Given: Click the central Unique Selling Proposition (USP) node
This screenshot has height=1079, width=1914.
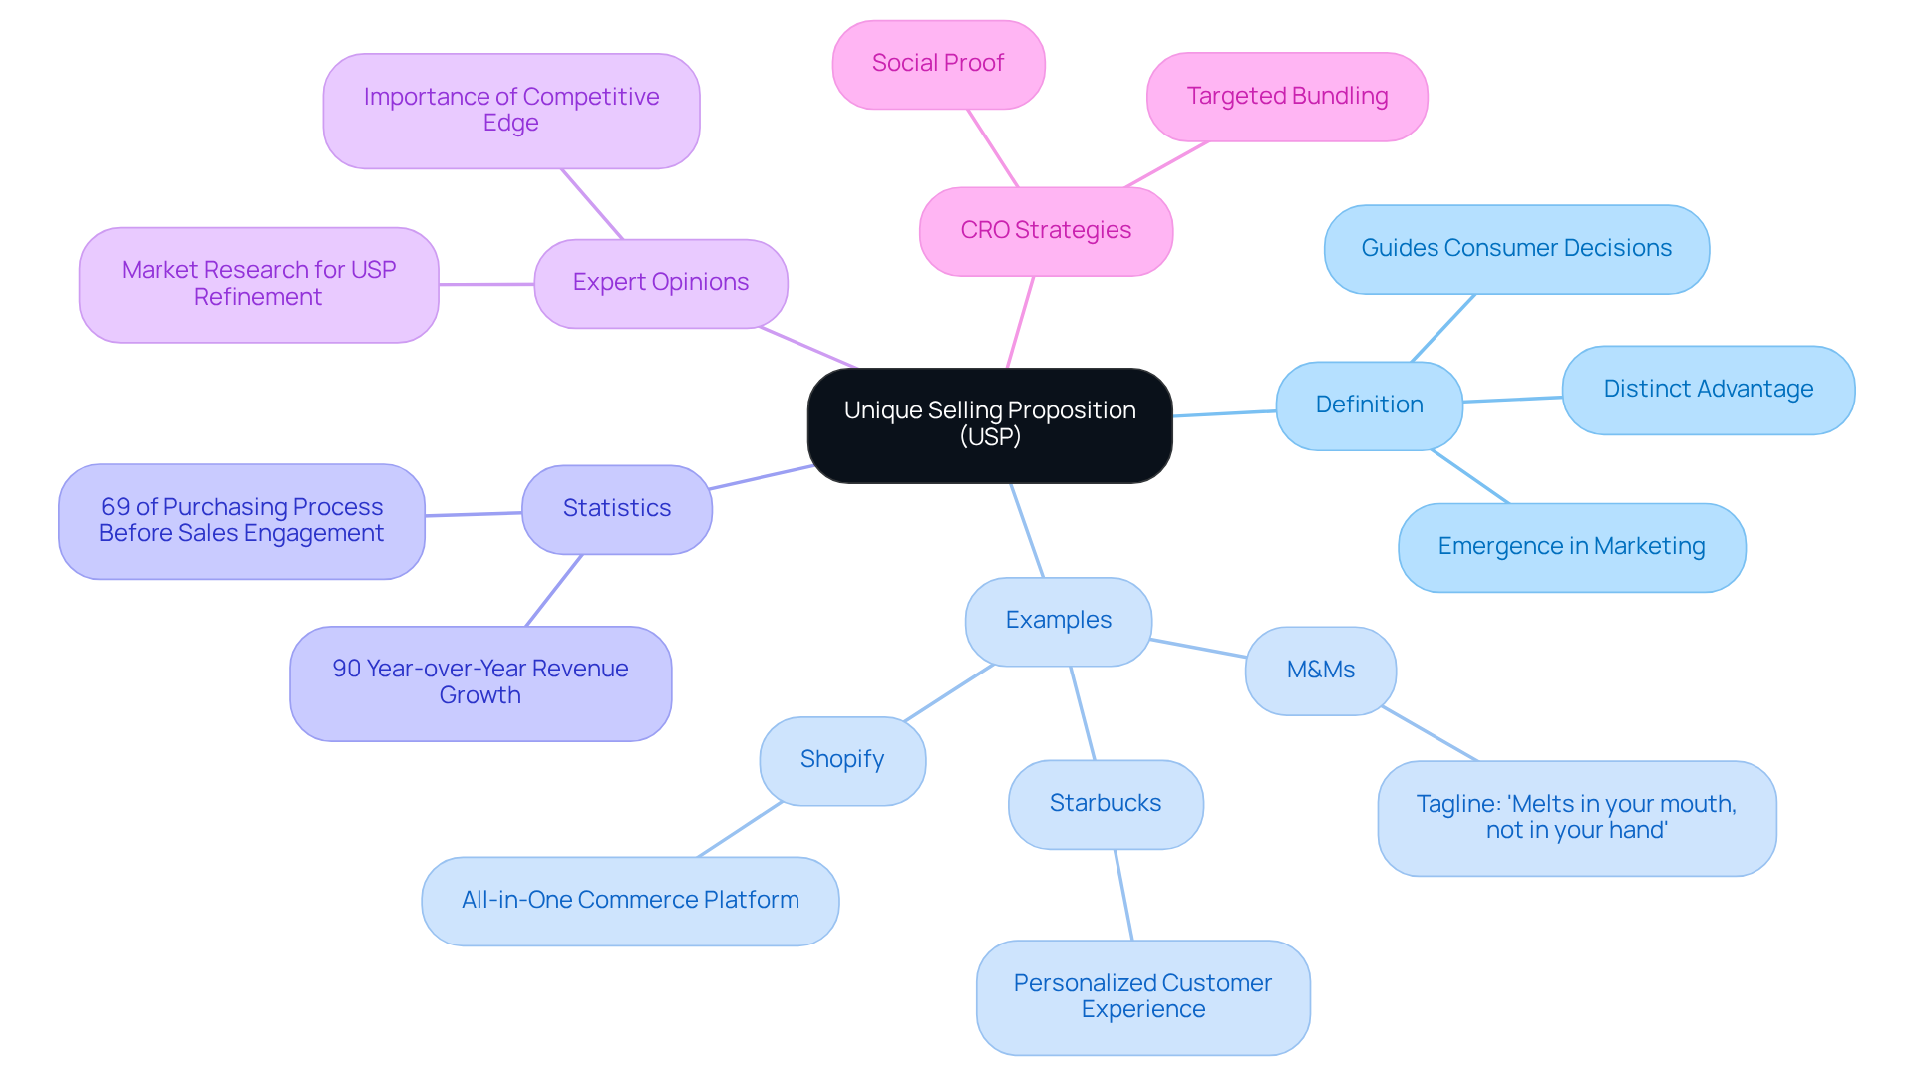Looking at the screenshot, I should point(989,425).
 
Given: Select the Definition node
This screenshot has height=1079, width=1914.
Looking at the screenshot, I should point(1369,405).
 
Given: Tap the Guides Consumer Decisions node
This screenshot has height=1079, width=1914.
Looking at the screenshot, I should point(1515,249).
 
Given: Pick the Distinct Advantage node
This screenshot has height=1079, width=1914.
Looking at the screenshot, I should point(1708,390).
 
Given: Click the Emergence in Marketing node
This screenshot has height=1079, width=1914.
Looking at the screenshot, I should point(1571,547).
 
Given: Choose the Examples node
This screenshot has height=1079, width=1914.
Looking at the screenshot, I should point(1058,621).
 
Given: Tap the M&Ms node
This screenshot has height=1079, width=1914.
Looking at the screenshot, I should point(1320,671).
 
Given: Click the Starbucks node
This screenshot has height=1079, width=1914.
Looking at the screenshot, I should point(1105,804).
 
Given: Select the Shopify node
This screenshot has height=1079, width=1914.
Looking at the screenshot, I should point(841,760).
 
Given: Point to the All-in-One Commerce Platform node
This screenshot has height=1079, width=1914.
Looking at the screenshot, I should point(630,901).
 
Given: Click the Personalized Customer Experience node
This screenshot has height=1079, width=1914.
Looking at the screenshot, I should point(1142,996).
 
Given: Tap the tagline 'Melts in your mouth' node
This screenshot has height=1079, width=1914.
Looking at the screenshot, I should point(1576,818).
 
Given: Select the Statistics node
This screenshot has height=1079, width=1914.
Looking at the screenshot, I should point(616,509).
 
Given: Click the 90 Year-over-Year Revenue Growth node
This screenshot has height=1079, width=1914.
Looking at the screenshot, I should point(479,682).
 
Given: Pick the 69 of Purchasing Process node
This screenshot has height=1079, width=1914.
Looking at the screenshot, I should point(241,520).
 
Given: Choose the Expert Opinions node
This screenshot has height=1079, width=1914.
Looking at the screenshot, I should point(660,283).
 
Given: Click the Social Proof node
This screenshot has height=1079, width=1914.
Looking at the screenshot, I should point(937,64).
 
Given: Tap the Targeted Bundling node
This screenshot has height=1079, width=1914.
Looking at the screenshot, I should point(1286,97).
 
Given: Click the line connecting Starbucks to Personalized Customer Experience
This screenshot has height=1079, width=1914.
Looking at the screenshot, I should point(1123,895).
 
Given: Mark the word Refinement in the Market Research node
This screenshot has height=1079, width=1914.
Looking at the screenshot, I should point(257,298).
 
